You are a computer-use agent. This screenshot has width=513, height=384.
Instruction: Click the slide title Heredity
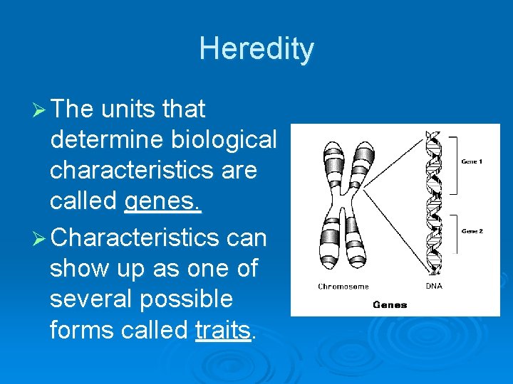(x=256, y=49)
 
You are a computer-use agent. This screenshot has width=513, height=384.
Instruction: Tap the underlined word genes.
(x=163, y=202)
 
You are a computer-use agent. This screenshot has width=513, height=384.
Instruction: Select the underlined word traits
(x=222, y=330)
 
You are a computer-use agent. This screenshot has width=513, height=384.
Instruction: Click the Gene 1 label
(x=472, y=161)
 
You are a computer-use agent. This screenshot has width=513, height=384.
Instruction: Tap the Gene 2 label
(x=472, y=231)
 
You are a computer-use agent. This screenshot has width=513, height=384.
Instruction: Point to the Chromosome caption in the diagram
(x=343, y=287)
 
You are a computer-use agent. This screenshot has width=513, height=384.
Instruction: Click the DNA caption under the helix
(x=434, y=287)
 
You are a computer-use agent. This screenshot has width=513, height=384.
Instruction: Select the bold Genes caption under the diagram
(x=390, y=304)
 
